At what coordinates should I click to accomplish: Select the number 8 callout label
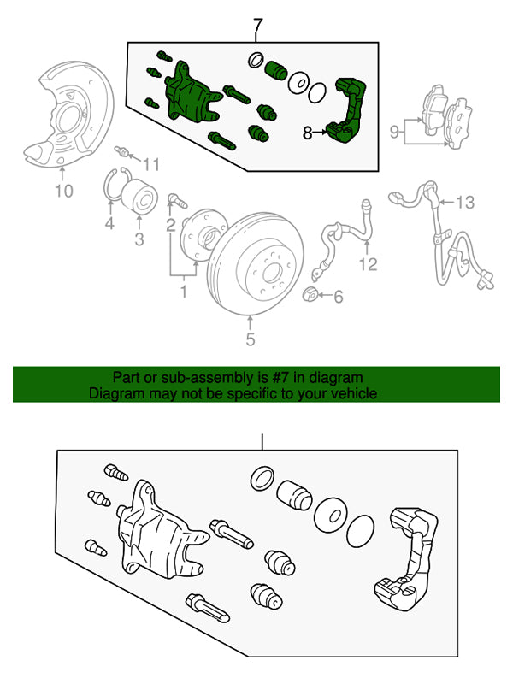(x=308, y=133)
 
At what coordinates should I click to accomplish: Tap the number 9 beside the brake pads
(x=395, y=131)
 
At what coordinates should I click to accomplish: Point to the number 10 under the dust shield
(x=64, y=192)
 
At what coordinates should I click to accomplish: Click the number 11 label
(x=150, y=164)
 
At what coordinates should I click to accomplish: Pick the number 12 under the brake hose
(x=368, y=265)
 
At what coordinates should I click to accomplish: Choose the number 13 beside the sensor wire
(x=463, y=203)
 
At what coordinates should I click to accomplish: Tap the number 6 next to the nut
(x=338, y=297)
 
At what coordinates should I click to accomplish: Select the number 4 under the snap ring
(x=109, y=224)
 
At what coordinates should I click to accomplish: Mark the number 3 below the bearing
(x=139, y=239)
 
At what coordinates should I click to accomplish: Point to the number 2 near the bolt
(x=171, y=225)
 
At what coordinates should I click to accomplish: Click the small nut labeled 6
(x=312, y=296)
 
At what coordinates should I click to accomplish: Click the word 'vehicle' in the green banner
(x=351, y=394)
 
